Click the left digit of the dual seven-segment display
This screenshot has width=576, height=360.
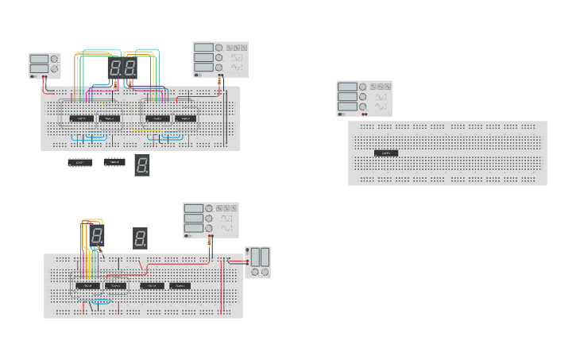tap(115, 68)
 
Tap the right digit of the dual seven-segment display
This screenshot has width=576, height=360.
tap(130, 68)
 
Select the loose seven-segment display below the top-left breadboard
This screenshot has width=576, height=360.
tap(141, 165)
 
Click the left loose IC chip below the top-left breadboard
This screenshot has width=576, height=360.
tap(80, 163)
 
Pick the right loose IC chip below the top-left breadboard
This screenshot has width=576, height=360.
tap(114, 163)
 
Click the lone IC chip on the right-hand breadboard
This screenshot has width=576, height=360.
tap(385, 152)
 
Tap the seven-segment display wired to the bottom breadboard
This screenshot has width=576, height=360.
tap(96, 234)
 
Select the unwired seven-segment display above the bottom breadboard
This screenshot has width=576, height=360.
tap(140, 238)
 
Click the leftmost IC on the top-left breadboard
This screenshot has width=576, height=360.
tap(81, 118)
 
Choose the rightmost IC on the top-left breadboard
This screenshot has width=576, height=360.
tap(185, 118)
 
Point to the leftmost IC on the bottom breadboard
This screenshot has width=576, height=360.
tap(86, 285)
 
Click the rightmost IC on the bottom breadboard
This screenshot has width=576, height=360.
tap(180, 285)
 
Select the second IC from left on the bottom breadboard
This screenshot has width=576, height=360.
tap(115, 285)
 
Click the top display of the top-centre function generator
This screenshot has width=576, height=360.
tap(203, 48)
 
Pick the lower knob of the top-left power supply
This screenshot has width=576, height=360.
tap(54, 69)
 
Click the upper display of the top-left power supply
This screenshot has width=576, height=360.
tap(39, 59)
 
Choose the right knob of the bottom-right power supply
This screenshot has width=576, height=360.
tap(265, 272)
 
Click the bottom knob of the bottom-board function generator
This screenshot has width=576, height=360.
tap(209, 229)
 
